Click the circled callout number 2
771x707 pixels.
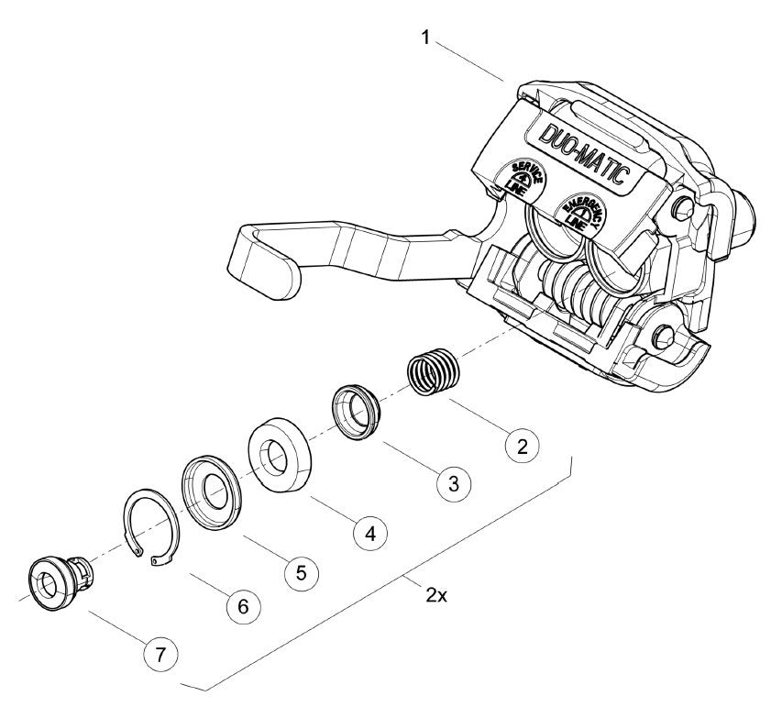(x=523, y=446)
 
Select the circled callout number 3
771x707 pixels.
(x=454, y=483)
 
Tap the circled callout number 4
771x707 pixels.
(x=370, y=533)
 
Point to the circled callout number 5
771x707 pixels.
(x=302, y=573)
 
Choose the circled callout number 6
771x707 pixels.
(x=243, y=607)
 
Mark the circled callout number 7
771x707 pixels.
(x=160, y=655)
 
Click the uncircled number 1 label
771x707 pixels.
(x=425, y=38)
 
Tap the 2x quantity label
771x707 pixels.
(x=436, y=596)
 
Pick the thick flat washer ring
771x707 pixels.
(x=280, y=455)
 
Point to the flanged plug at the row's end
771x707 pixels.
(x=60, y=582)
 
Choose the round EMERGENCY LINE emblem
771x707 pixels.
(x=582, y=212)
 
